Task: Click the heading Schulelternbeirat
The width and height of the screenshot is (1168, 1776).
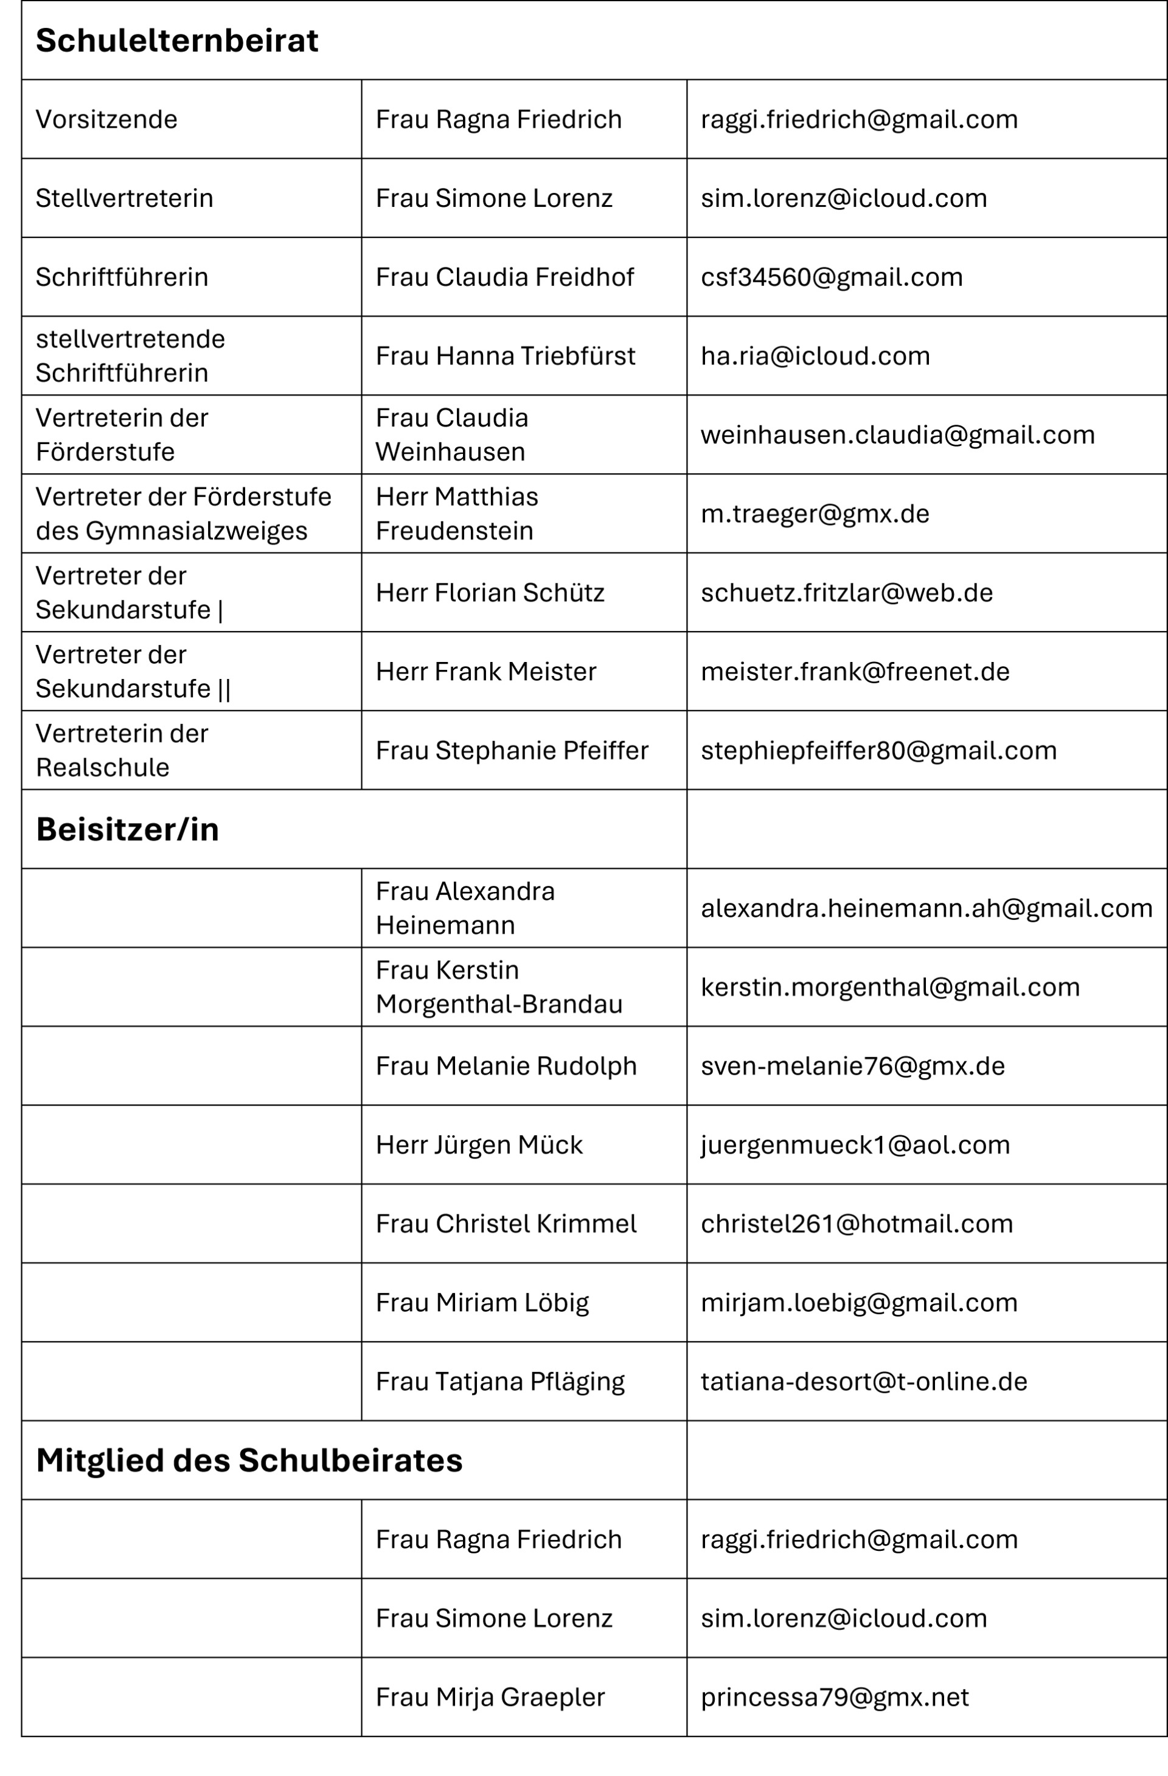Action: tap(177, 40)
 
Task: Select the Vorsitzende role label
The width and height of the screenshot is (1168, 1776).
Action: tap(106, 119)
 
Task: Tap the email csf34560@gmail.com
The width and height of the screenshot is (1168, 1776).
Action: tap(832, 277)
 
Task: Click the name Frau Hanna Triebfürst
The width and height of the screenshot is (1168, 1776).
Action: tap(506, 356)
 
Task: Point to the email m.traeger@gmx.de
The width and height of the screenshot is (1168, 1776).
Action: tap(815, 514)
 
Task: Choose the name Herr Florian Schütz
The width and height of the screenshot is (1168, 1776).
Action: tap(490, 593)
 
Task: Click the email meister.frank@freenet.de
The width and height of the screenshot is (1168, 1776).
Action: tap(855, 672)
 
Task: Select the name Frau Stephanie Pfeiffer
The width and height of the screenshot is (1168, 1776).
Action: tap(512, 750)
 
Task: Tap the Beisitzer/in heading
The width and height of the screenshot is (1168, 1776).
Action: tap(128, 829)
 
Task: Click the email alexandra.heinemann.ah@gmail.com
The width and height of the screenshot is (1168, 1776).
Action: tap(926, 908)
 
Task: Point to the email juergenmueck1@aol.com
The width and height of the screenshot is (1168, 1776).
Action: tap(855, 1144)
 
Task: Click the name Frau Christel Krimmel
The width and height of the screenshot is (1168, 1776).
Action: tap(506, 1224)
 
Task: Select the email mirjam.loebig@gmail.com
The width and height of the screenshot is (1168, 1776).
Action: tap(859, 1302)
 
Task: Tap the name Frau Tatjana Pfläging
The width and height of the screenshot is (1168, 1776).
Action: tap(500, 1381)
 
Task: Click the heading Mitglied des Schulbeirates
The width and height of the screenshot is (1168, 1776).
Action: tap(249, 1460)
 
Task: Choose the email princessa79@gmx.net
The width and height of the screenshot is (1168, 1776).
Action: tap(835, 1697)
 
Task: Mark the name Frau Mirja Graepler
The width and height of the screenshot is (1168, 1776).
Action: tap(490, 1697)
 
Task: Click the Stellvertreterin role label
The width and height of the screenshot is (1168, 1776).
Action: tap(125, 198)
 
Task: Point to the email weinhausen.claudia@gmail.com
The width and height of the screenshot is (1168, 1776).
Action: tap(897, 435)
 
